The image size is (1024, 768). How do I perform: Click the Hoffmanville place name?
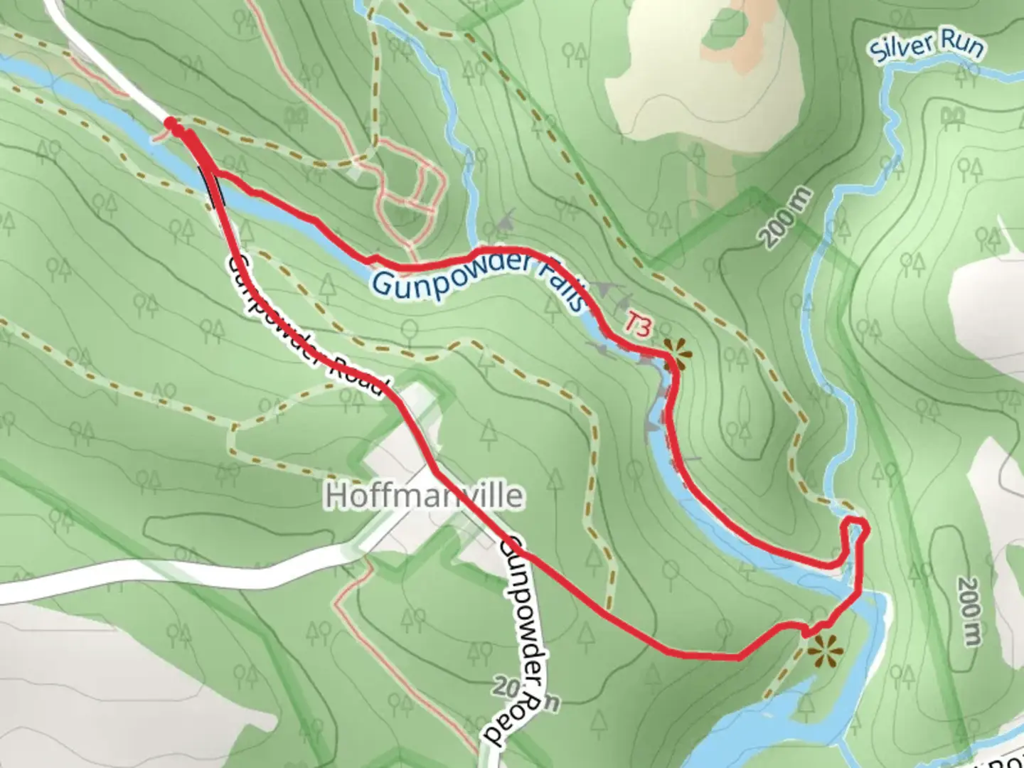424,496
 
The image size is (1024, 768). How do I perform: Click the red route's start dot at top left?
171,124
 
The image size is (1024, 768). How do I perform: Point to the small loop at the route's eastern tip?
855,530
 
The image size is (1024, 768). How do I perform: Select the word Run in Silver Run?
962,46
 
